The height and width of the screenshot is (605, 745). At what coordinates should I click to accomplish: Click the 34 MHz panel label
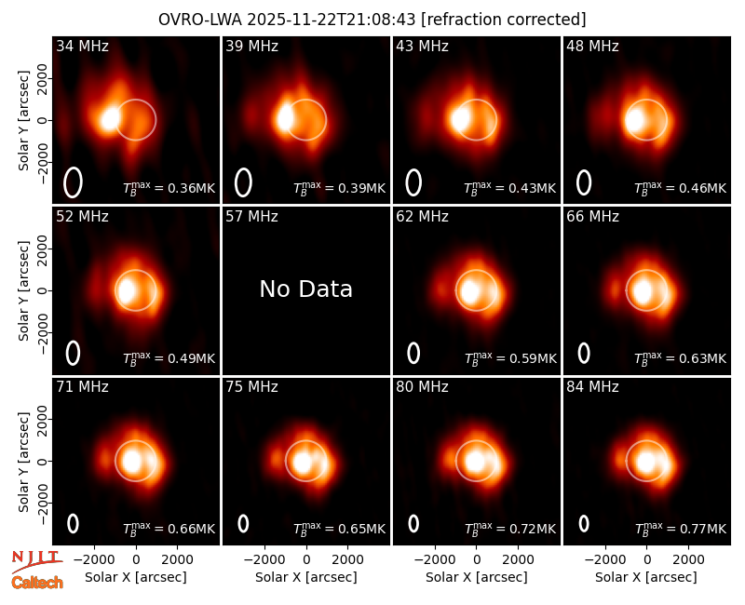pyautogui.click(x=82, y=46)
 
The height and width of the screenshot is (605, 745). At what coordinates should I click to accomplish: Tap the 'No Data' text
pyautogui.click(x=306, y=289)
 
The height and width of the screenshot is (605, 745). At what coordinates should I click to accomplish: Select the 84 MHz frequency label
pyautogui.click(x=592, y=387)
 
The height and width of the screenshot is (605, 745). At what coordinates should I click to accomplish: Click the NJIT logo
pyautogui.click(x=36, y=561)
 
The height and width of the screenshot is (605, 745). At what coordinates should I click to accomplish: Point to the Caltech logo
pyautogui.click(x=37, y=583)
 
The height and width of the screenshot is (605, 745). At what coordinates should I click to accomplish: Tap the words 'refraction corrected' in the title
pyautogui.click(x=504, y=20)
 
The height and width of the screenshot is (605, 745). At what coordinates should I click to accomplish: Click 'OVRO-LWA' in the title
pyautogui.click(x=200, y=20)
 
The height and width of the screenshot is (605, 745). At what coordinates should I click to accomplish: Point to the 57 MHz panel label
pyautogui.click(x=251, y=217)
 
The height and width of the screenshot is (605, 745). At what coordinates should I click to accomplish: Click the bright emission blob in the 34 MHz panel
pyautogui.click(x=110, y=118)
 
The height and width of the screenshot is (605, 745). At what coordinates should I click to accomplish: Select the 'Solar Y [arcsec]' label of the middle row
pyautogui.click(x=24, y=290)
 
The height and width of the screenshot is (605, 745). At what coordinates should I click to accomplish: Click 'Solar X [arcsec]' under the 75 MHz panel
pyautogui.click(x=306, y=577)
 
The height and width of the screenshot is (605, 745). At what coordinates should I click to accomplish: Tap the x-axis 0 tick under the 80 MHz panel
pyautogui.click(x=477, y=559)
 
